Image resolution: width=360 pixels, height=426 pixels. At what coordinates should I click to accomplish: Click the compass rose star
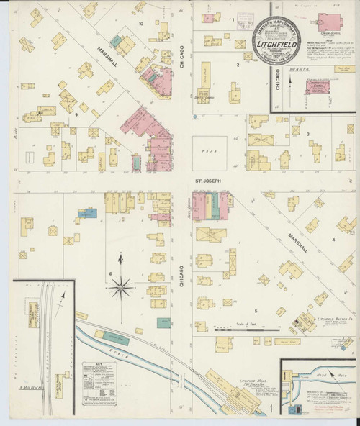coord(120,287)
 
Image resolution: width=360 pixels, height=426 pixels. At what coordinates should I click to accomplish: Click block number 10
coord(141,23)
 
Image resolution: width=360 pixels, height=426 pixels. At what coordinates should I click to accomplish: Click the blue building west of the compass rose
coord(87,213)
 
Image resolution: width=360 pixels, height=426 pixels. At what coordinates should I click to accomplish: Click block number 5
coord(255,310)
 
